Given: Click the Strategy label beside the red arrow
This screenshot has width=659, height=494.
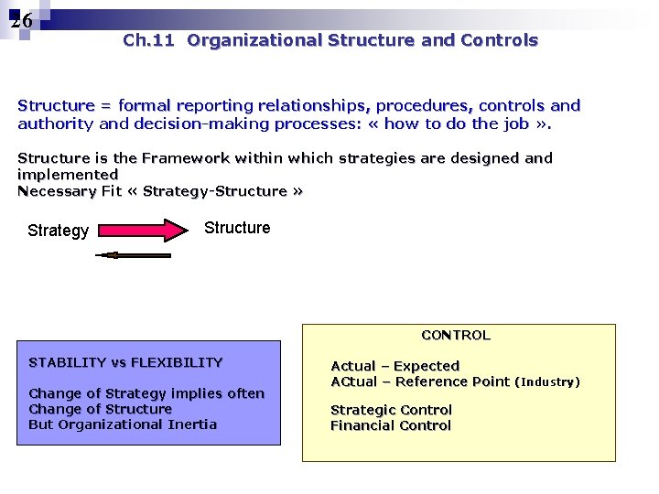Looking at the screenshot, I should click(58, 231).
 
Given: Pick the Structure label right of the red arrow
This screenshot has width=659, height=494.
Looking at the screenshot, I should click(237, 228).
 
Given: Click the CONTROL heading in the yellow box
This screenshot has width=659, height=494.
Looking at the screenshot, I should click(456, 335).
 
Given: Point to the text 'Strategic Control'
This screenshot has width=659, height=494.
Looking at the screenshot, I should click(391, 410).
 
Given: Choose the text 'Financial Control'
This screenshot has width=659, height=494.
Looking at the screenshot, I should click(391, 425).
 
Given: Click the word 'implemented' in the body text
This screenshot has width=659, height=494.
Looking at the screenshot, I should click(68, 174).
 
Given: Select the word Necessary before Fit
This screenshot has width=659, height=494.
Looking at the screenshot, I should click(57, 191).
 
